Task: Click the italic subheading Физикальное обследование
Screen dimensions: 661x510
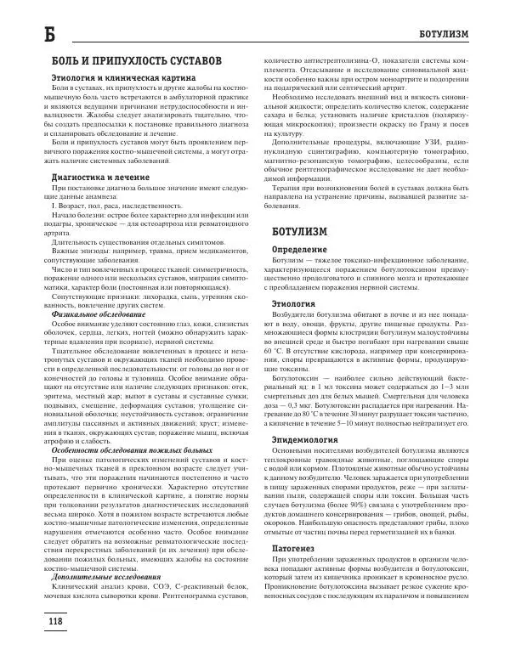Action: pos(104,314)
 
